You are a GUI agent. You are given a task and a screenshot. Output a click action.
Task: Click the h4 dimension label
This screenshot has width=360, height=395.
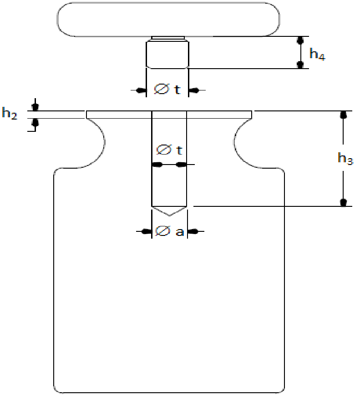click(317, 54)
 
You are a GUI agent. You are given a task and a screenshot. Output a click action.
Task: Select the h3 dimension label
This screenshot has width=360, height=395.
click(345, 159)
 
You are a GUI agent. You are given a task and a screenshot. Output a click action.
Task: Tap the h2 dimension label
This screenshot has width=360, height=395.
click(10, 113)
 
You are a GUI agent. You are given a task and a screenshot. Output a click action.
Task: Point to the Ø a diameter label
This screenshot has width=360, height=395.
click(169, 231)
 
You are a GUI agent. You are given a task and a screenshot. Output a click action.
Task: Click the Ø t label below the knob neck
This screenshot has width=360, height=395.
click(167, 89)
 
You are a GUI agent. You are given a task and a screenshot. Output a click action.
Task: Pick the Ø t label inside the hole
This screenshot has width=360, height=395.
click(169, 150)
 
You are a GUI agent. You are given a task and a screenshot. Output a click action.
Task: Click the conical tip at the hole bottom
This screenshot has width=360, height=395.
click(169, 211)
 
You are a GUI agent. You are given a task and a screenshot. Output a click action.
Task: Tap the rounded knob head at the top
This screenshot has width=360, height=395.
click(168, 20)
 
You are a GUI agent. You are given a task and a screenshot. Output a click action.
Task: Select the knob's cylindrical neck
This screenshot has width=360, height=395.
click(167, 55)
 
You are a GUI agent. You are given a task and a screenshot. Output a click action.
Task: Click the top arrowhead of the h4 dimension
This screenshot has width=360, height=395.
click(300, 40)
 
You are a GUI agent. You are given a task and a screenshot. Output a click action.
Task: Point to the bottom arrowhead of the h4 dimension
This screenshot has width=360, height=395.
click(300, 65)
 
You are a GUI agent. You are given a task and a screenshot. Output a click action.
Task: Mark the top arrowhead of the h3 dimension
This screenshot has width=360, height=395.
click(343, 115)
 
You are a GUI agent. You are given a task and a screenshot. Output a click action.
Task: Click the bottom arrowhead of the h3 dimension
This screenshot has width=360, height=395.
click(343, 202)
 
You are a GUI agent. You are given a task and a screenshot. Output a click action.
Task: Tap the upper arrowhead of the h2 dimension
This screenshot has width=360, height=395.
click(35, 107)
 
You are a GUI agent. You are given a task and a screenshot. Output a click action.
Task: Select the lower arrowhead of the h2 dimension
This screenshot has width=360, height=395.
click(35, 123)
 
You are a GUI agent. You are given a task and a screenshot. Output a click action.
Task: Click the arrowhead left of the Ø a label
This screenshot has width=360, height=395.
click(146, 231)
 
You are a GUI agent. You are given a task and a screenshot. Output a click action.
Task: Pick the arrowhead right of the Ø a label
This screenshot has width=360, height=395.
click(193, 231)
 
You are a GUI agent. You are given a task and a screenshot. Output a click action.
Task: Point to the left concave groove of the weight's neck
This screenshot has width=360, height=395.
click(96, 143)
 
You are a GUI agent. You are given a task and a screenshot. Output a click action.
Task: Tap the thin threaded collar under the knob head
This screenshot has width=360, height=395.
click(168, 39)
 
